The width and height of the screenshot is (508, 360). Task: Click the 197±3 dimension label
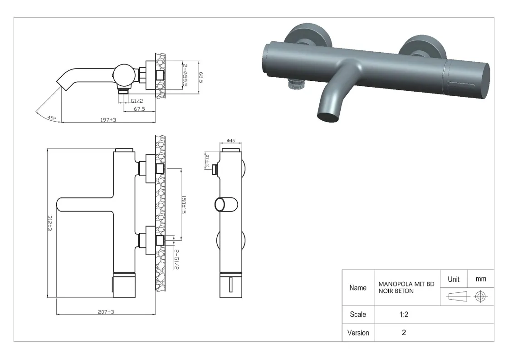coord(108,120)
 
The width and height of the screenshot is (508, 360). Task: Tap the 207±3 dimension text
coord(106,312)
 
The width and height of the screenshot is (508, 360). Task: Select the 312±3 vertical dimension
coord(50,223)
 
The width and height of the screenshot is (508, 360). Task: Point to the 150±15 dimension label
coord(183,204)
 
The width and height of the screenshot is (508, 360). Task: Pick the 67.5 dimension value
coord(139,109)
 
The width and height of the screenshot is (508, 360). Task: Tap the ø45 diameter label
coord(231,140)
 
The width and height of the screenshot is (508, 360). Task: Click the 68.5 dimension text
coord(201,78)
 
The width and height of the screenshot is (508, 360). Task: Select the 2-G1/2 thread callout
coord(176,259)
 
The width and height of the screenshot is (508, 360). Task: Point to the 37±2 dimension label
coord(207,161)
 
